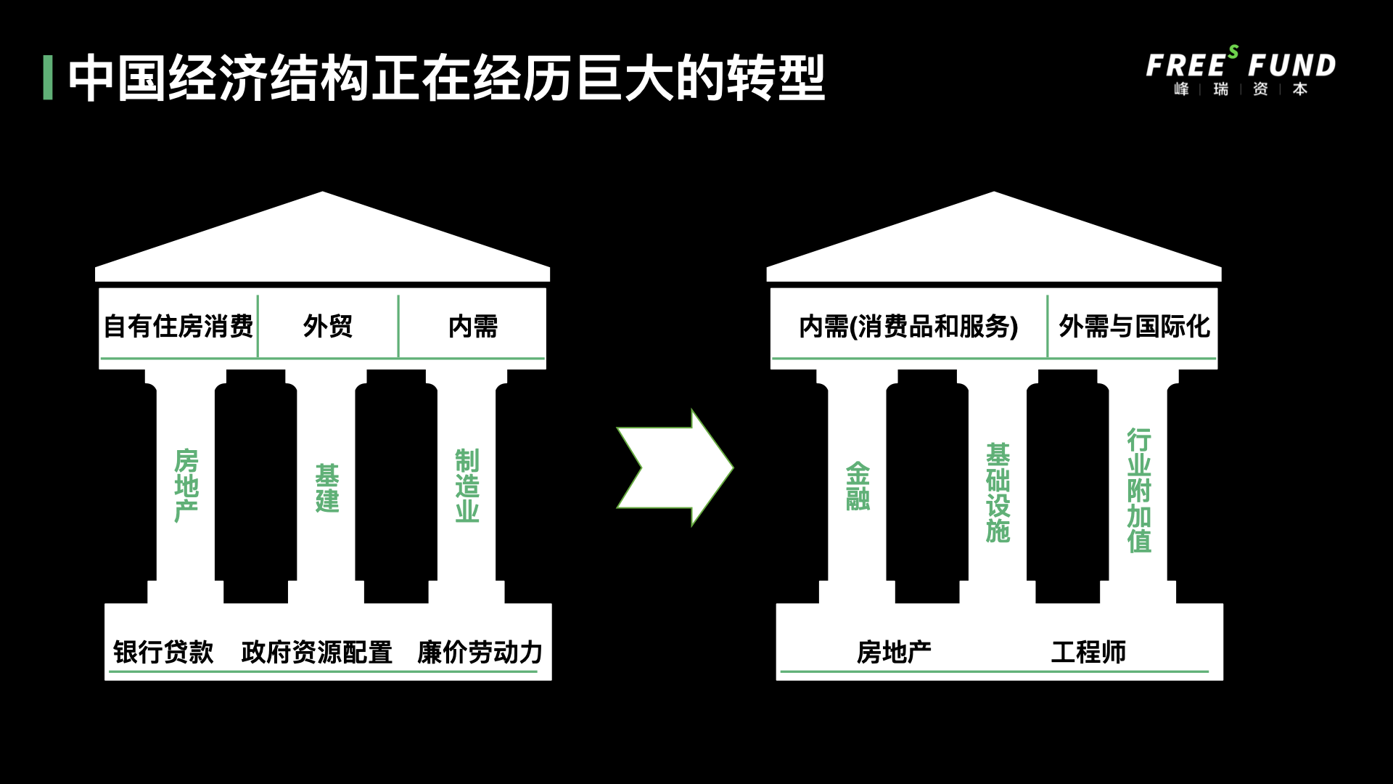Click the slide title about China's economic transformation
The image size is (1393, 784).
(x=447, y=78)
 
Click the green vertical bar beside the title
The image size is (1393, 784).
(x=48, y=78)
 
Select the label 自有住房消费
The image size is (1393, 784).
(x=178, y=327)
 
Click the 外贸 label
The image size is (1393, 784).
(x=328, y=327)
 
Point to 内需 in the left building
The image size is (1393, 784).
(x=473, y=327)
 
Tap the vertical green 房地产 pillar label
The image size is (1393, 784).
(x=186, y=486)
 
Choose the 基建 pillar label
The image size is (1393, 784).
(x=327, y=488)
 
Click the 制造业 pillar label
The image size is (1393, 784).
(x=467, y=486)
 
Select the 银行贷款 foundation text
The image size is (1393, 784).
(x=163, y=652)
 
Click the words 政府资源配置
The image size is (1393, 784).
(x=317, y=652)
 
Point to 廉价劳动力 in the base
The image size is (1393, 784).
(x=480, y=652)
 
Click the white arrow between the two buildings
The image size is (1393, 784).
(x=675, y=467)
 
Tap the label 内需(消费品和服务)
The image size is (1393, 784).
(x=908, y=327)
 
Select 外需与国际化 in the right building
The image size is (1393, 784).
(x=1135, y=327)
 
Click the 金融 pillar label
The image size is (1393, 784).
(x=858, y=486)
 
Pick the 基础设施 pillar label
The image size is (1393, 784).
(x=998, y=493)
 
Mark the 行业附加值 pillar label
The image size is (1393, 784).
(x=1139, y=491)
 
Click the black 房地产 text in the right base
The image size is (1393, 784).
(x=894, y=652)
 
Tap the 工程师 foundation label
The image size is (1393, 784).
(x=1088, y=652)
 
